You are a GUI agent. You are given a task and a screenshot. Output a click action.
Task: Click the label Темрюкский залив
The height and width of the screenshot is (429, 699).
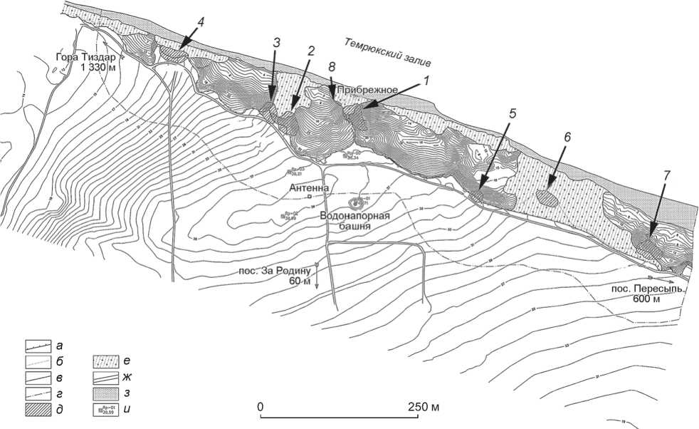click(388, 53)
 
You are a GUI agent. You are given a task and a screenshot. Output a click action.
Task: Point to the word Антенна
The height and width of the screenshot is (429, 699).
click(308, 187)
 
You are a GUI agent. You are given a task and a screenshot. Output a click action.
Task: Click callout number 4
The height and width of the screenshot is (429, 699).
click(201, 22)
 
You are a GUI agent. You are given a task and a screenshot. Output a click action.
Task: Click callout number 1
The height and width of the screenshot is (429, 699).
click(425, 81)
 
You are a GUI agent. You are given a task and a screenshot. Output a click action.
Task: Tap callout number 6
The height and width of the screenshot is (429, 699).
click(568, 153)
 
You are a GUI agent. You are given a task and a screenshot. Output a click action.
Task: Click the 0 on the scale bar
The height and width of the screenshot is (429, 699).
click(261, 406)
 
